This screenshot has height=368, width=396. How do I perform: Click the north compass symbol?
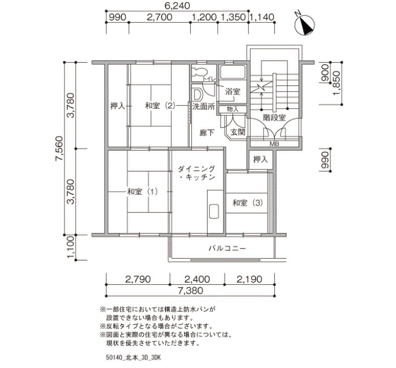click(x=305, y=24)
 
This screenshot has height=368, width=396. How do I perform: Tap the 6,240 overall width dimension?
click(x=177, y=6)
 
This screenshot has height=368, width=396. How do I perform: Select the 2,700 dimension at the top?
click(x=160, y=17)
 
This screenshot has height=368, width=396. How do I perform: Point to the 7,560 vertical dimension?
click(x=59, y=148)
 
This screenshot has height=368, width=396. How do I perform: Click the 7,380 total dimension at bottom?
click(x=191, y=290)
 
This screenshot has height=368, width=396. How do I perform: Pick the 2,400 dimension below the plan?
click(x=197, y=279)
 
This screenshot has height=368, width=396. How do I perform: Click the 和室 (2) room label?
click(x=160, y=106)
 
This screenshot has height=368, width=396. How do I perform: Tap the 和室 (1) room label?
click(x=143, y=191)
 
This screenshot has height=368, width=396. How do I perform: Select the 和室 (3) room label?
click(x=248, y=203)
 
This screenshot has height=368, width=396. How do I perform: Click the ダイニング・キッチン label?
click(x=196, y=173)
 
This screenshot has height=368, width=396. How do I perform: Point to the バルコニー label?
click(x=227, y=248)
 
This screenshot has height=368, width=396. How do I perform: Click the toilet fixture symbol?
click(x=199, y=71)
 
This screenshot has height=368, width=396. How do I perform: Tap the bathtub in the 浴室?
click(x=233, y=72)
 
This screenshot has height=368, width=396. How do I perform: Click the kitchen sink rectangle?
click(x=214, y=211)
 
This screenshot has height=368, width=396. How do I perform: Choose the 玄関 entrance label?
click(x=238, y=132)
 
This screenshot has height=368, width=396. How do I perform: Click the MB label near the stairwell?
click(x=274, y=144)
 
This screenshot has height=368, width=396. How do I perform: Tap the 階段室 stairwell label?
click(x=274, y=118)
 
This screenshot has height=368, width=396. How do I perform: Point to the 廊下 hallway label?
click(x=207, y=132)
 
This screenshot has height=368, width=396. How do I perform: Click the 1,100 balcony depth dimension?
click(x=70, y=247)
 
